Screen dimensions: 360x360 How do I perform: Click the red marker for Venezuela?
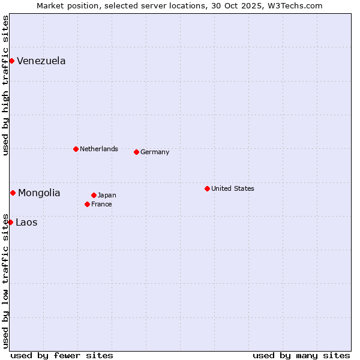(x=11, y=61)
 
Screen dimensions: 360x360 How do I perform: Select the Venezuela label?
(x=41, y=61)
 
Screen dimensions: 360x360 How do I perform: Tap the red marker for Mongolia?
(x=13, y=193)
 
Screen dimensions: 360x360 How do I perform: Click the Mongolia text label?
(x=39, y=193)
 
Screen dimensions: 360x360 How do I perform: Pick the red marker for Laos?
(x=10, y=222)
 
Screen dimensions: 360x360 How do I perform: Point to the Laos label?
(x=26, y=222)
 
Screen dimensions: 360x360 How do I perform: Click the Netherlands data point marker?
(x=76, y=149)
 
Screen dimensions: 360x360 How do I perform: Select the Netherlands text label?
(x=98, y=149)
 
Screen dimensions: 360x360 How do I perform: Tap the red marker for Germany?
(x=136, y=152)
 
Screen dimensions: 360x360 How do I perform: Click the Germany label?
(x=155, y=152)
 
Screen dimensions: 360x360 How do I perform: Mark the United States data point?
(x=207, y=188)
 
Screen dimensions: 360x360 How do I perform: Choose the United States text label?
(x=232, y=188)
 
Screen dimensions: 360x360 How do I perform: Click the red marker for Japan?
(x=94, y=195)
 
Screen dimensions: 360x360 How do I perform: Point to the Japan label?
(x=107, y=195)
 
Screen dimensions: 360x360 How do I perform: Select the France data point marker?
(x=87, y=204)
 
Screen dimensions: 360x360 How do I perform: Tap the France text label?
(x=101, y=204)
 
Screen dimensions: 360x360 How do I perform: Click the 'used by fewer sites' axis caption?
(x=62, y=355)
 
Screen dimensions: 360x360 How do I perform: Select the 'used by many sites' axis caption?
(x=301, y=355)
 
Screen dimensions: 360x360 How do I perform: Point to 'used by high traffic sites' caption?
(x=5, y=85)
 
